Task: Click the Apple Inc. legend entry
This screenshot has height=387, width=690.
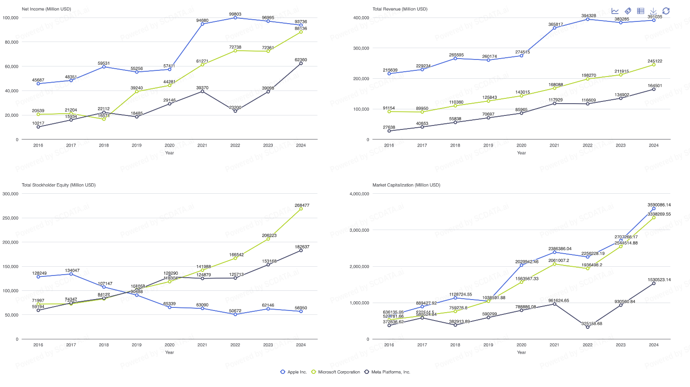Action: [293, 372]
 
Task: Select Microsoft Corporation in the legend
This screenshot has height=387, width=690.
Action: [335, 372]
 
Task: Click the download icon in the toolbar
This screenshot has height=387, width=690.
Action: [653, 11]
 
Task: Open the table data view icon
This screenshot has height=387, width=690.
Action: [641, 11]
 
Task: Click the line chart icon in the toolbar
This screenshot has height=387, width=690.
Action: [615, 11]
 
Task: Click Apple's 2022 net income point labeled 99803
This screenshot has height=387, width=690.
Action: [235, 18]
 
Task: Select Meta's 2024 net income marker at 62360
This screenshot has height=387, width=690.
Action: [301, 63]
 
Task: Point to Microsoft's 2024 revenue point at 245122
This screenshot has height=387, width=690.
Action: [654, 65]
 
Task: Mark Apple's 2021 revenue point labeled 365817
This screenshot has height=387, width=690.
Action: [555, 28]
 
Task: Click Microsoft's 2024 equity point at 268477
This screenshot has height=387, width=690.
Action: [301, 209]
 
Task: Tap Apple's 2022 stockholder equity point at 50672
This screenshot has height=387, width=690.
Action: [235, 314]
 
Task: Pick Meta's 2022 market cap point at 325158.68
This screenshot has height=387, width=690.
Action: [588, 327]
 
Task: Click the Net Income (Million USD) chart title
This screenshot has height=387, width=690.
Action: [46, 9]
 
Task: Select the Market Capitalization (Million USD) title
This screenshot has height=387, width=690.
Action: [406, 185]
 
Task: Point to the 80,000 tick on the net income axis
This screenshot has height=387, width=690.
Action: [10, 42]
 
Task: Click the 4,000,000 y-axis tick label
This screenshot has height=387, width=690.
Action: [359, 194]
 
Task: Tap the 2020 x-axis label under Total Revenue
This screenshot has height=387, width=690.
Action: [521, 146]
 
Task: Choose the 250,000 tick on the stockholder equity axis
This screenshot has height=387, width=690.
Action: [10, 218]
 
